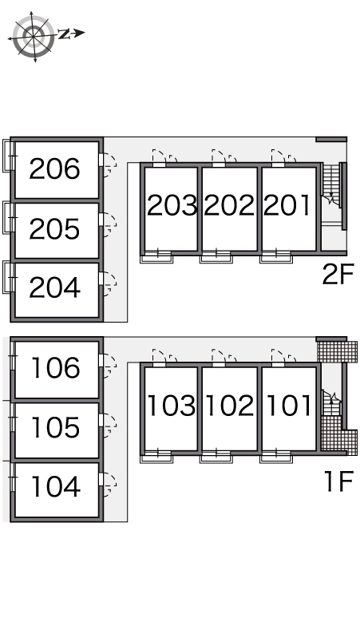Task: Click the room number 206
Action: click(54, 168)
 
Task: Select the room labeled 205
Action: click(54, 229)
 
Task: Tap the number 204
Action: click(54, 287)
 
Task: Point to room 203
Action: click(172, 205)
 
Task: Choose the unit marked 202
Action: click(229, 205)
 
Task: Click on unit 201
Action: click(287, 205)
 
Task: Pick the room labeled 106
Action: click(55, 368)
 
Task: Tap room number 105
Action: click(55, 428)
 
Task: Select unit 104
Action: click(55, 486)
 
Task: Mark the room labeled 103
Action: click(172, 405)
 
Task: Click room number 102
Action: click(229, 405)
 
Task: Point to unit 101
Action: click(289, 405)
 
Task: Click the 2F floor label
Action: click(338, 275)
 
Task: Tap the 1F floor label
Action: click(338, 481)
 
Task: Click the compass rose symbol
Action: click(34, 37)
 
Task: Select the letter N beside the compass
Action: click(64, 34)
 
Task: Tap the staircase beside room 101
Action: click(330, 402)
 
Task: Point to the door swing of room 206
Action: click(109, 165)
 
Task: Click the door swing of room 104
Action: click(109, 485)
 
